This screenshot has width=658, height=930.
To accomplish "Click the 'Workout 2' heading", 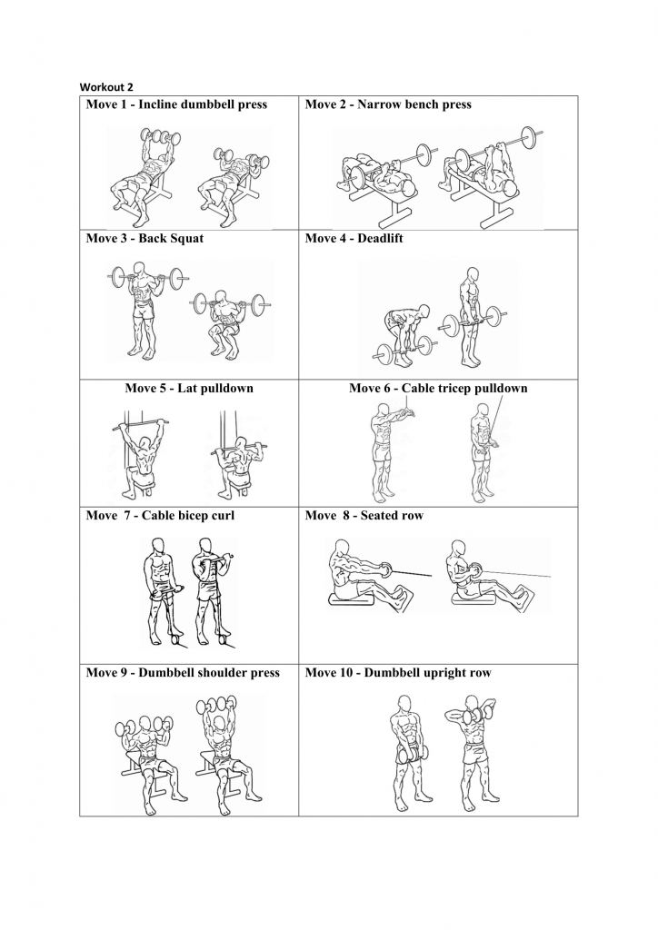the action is tap(107, 87).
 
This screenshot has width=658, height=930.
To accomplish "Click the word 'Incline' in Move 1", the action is tap(157, 104).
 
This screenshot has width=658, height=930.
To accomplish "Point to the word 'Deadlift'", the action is tap(380, 239).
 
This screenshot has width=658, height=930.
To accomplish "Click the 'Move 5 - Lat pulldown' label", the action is tap(189, 389).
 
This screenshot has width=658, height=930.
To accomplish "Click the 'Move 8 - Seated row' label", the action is tap(364, 516).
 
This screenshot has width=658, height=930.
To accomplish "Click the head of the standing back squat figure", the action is tap(140, 270).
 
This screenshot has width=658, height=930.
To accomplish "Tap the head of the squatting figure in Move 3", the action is tap(222, 298).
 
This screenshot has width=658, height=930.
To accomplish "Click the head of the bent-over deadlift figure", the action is tap(423, 312).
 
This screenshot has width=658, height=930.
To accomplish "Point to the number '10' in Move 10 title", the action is tap(350, 673).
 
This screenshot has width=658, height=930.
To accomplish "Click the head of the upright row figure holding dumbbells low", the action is tap(404, 704).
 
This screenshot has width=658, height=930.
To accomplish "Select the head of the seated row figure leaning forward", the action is tap(341, 547).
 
